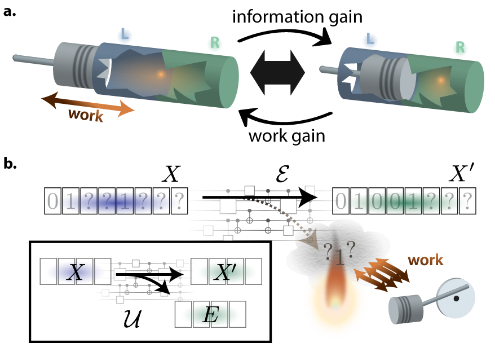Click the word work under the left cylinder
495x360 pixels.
point(86,115)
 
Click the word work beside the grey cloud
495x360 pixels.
point(425,260)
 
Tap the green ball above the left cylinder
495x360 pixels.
point(215,44)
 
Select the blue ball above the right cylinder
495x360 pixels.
point(370,41)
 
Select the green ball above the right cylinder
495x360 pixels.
point(460,49)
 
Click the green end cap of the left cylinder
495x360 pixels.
point(228,82)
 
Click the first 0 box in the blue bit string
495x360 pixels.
point(52,201)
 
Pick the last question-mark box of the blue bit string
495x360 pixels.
point(179,201)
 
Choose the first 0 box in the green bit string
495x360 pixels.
point(341,201)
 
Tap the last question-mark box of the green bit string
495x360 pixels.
point(467,201)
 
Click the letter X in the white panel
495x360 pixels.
point(76,273)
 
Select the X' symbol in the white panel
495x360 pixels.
point(226,273)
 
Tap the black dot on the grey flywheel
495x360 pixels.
point(457,297)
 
